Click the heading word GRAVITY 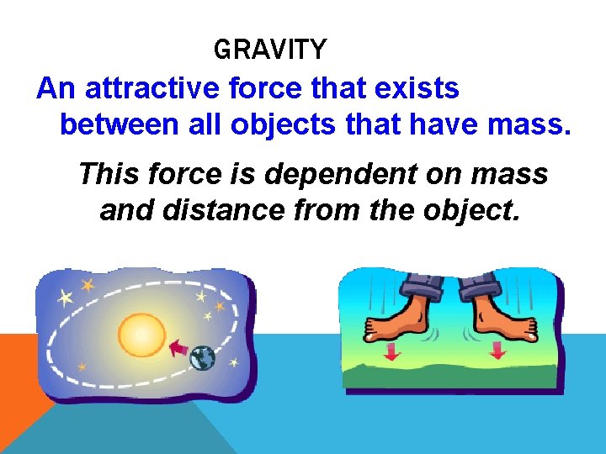click(269, 50)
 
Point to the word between click(118, 125)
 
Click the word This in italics click(106, 174)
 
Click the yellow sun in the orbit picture click(142, 335)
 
